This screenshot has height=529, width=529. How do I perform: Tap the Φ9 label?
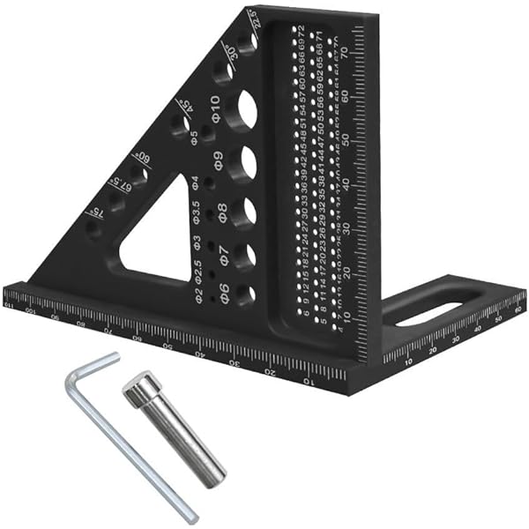(217, 161)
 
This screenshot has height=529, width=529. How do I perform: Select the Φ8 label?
(220, 212)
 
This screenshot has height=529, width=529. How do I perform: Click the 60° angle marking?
(138, 160)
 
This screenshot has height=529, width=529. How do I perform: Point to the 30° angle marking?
(231, 51)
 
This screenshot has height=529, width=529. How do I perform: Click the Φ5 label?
(192, 138)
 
